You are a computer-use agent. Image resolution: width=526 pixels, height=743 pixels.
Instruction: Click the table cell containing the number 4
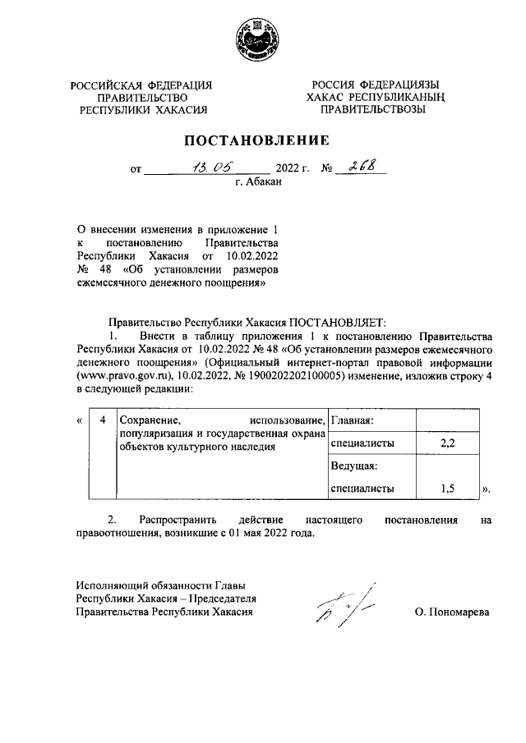pos(102,421)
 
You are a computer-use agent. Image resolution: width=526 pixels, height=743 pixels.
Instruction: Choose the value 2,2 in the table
pos(448,443)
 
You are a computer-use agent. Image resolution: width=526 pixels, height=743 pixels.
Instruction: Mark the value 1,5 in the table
pos(448,488)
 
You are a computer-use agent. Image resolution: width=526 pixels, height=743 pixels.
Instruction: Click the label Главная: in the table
pos(353,421)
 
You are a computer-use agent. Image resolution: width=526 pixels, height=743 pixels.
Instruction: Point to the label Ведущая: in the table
pos(353,466)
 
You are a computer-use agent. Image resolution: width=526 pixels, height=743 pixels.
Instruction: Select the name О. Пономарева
pos(452,612)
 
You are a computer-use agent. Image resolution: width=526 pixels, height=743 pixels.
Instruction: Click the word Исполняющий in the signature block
pos(109,585)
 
